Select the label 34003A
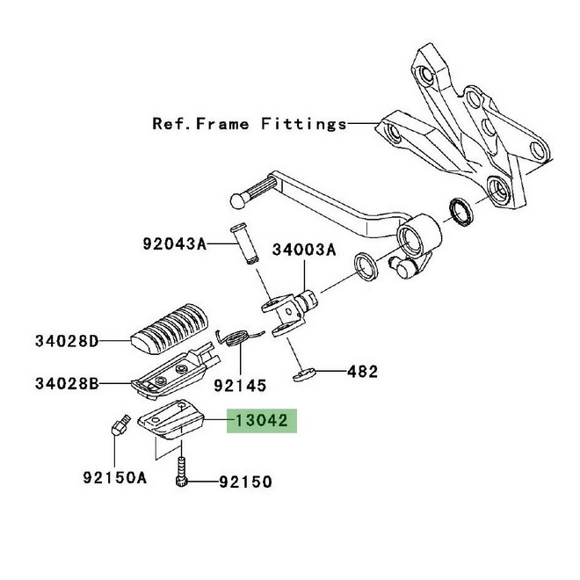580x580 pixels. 303,250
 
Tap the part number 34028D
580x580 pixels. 67,339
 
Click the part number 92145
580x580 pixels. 240,384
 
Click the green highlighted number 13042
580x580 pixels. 262,422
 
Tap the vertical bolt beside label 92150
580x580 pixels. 183,471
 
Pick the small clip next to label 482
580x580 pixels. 304,375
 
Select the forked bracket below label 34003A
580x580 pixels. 286,314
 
